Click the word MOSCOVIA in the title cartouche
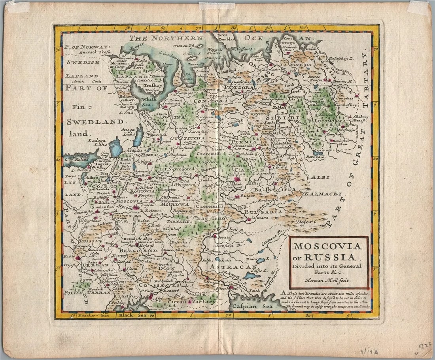(327, 246)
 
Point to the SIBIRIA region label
(280, 118)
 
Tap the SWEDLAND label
(95, 122)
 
